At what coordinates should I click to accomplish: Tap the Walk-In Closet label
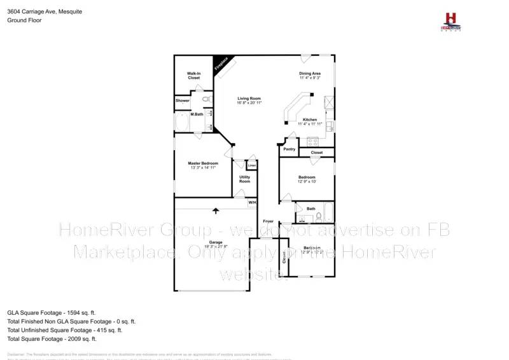coord(194,76)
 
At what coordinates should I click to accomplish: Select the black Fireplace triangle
coord(221,64)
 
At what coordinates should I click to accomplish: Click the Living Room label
coord(249,100)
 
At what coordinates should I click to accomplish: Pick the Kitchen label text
coord(310,120)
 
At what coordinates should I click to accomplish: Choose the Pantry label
coord(289,149)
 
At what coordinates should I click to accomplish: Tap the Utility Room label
coord(245,179)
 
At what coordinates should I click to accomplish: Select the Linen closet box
coord(252,166)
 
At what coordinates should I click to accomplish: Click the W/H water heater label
coord(253,203)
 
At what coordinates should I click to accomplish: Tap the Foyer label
coord(269,221)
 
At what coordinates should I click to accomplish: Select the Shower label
coord(183,100)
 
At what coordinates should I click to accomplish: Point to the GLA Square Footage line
coord(51,313)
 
